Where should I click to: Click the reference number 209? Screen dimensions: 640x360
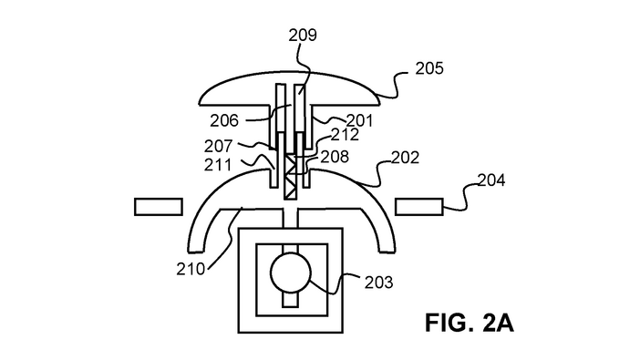tap(303, 36)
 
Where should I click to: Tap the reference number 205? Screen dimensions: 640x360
tap(429, 68)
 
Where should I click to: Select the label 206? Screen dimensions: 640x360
tap(224, 120)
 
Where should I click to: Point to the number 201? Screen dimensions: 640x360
tap(359, 120)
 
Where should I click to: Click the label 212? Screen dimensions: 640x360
tap(345, 135)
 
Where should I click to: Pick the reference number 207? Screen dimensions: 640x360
tap(219, 146)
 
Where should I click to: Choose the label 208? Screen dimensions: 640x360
tap(335, 157)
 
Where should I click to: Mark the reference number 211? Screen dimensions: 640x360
tap(218, 165)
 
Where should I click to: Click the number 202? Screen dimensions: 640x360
tap(406, 158)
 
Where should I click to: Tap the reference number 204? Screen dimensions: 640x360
tap(491, 180)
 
